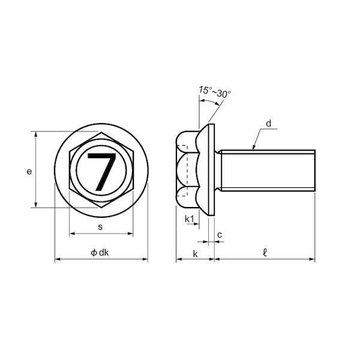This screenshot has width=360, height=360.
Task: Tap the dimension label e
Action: (29, 172)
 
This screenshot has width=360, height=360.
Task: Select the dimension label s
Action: (100, 227)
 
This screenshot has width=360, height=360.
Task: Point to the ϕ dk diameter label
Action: (100, 253)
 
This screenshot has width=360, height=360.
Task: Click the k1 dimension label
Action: (190, 219)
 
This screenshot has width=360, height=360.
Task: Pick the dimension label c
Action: (220, 235)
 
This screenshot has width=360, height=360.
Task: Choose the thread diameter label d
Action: (268, 124)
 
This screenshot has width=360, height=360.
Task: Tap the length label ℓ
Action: (265, 253)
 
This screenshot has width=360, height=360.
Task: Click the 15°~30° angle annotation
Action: (215, 92)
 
